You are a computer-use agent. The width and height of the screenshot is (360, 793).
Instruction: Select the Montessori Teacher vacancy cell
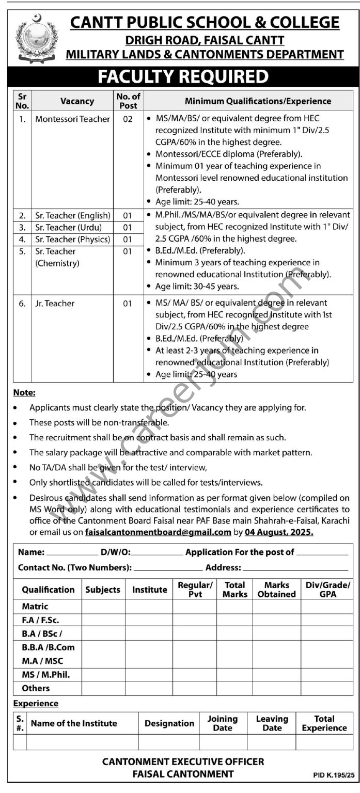tap(72, 119)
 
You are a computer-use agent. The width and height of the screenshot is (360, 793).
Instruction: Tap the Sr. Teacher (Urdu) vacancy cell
tap(68, 227)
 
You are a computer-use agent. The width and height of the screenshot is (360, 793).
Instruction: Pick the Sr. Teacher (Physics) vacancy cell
tap(72, 239)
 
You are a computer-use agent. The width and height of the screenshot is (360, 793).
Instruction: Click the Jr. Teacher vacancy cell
tap(55, 304)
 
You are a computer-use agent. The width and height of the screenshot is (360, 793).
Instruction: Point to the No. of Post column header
tap(128, 101)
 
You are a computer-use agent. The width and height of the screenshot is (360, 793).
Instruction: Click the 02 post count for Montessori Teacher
tap(128, 119)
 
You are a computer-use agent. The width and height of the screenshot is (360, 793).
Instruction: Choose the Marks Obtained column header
tap(276, 590)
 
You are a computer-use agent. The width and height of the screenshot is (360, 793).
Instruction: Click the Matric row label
tap(35, 607)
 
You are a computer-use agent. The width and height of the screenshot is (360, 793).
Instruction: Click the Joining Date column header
tap(222, 723)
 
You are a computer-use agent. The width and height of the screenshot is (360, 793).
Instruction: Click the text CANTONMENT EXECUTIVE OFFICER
tap(183, 762)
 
